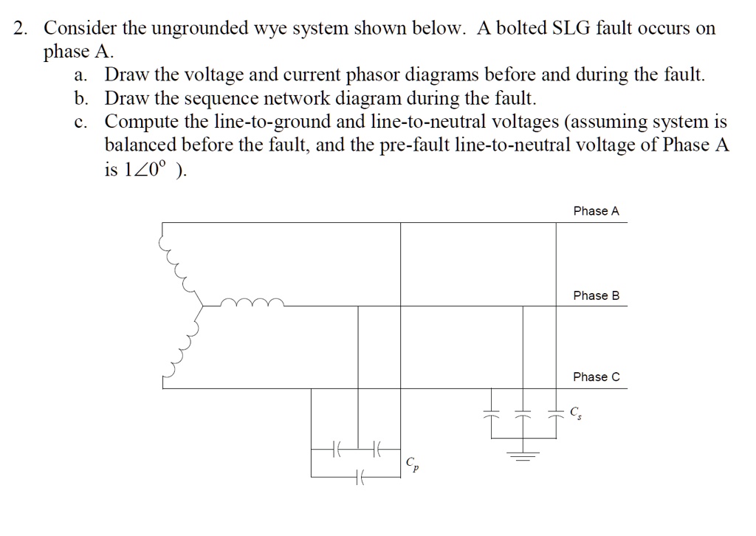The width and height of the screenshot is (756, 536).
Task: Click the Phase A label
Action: coord(596,211)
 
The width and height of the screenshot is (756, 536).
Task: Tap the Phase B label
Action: coord(596,295)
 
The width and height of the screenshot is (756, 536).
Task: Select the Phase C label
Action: coord(596,377)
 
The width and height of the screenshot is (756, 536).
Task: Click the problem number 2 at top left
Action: coord(21,29)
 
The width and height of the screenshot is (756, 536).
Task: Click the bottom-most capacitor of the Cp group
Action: coord(359,478)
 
